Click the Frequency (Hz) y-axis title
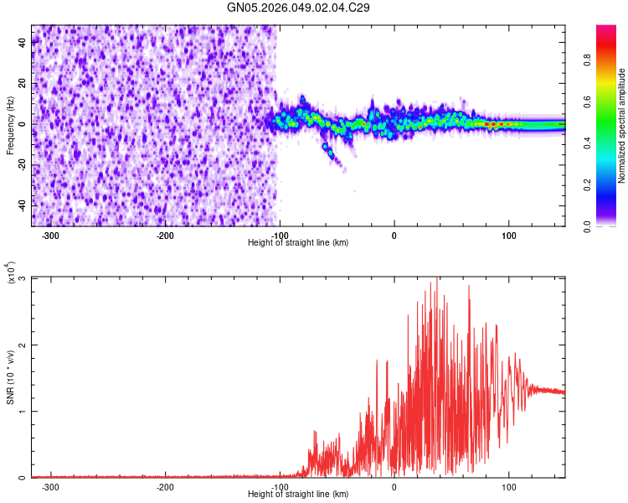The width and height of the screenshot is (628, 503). [10, 125]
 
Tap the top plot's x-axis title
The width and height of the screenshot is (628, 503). [298, 242]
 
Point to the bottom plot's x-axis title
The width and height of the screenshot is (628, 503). [298, 494]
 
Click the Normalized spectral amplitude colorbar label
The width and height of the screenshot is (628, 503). [622, 126]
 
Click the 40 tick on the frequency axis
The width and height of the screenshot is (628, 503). [22, 44]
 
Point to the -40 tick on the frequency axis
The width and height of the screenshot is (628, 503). [20, 205]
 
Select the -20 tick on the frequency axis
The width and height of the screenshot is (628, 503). [20, 165]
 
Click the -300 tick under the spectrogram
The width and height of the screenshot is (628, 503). [51, 235]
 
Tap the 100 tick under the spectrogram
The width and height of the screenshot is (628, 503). [508, 235]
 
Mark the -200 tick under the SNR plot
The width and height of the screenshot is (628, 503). [165, 486]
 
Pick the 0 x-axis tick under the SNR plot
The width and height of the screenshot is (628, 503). [394, 486]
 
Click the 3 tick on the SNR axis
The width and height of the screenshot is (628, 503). [23, 278]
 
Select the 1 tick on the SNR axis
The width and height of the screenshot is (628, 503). [23, 412]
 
